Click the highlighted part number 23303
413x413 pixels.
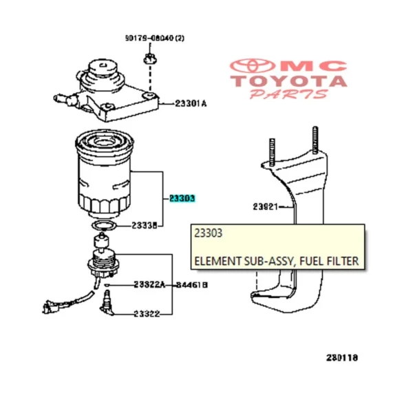pos(182,198)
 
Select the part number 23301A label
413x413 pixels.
pos(190,103)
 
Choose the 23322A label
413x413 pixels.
pos(149,284)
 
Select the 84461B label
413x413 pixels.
pos(191,284)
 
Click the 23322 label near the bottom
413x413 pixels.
pos(147,314)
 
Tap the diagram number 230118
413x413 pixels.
pos(341,358)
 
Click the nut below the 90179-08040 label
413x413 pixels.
pos(149,63)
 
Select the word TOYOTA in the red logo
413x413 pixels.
pos(288,82)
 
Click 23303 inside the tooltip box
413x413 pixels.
pos(209,234)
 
